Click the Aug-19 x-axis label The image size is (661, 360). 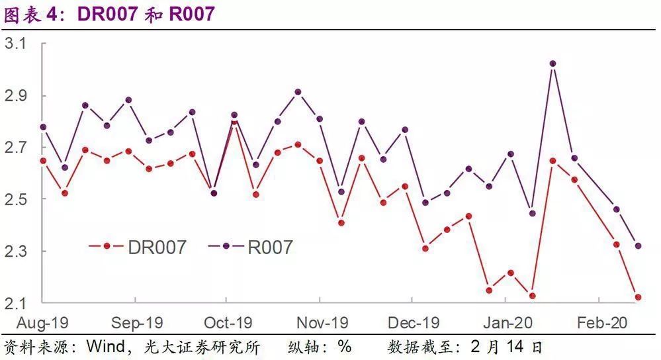coord(43,323)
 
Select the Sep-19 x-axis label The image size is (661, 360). coord(137,323)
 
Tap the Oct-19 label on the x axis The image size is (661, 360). coord(228,323)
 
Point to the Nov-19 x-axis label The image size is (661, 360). coord(322,323)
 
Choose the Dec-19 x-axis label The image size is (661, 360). coord(414,323)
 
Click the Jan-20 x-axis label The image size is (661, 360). coord(507,323)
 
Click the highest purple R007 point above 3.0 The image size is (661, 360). coord(553,64)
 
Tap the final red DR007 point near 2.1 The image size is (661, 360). coord(637,298)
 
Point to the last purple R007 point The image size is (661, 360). coord(638,246)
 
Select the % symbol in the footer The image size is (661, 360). coord(344,347)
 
